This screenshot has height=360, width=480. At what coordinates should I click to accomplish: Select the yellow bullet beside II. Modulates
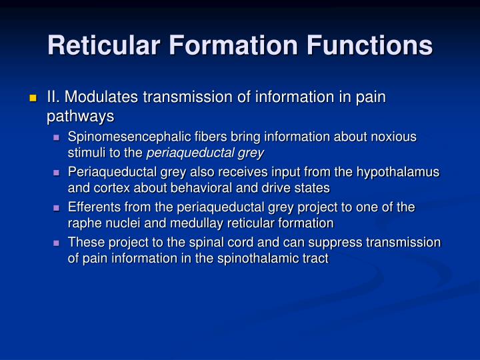pos(33,98)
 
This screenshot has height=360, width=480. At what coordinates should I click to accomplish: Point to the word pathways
pos(80,116)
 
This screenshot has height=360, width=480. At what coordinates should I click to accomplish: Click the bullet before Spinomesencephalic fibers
pos(59,137)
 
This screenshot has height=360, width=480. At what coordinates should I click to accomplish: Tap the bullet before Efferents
pos(59,207)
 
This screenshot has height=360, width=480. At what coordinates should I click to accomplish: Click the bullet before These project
pos(59,243)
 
